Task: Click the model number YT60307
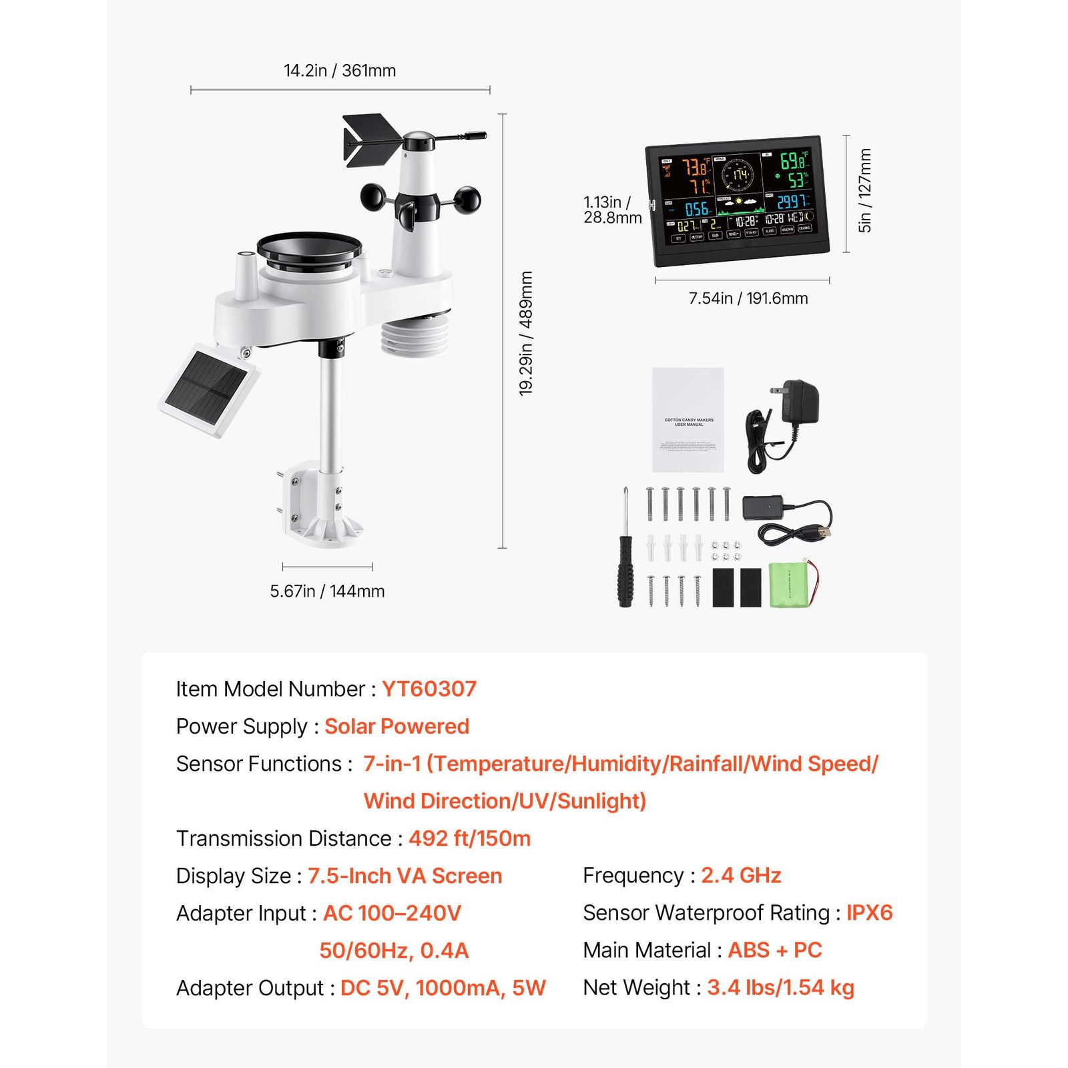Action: [x=429, y=689]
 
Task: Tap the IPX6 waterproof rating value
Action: [x=869, y=912]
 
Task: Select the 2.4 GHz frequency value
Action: [x=741, y=875]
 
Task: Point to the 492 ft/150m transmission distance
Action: [x=469, y=838]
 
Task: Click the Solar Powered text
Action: [x=396, y=726]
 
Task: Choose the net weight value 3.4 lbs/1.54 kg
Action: [x=780, y=987]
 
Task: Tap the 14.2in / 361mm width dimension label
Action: [x=340, y=71]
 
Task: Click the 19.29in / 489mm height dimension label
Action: [x=526, y=332]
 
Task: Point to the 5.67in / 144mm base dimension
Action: [x=327, y=591]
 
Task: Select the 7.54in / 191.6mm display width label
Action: [x=748, y=298]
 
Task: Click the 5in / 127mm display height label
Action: [x=865, y=190]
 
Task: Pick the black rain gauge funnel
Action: [x=309, y=249]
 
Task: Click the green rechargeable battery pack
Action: [x=792, y=585]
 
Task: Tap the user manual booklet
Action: [x=688, y=419]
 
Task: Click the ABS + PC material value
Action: [x=774, y=950]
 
